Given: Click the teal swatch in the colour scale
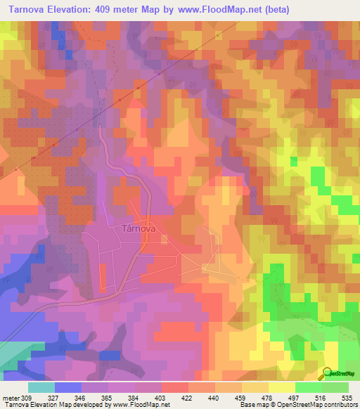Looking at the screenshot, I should pyautogui.click(x=41, y=387).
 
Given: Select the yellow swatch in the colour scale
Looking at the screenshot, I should pyautogui.click(x=281, y=387).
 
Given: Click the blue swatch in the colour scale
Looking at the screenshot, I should pyautogui.click(x=68, y=387).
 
